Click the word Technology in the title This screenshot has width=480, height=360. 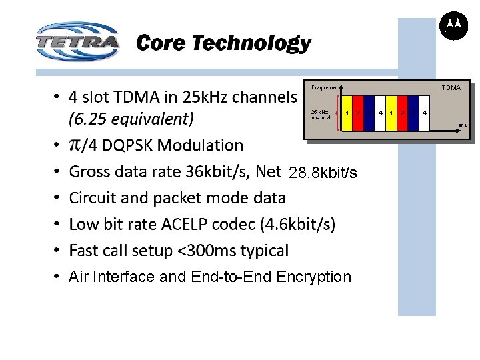[x=252, y=43]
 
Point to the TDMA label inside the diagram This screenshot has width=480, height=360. [x=451, y=87]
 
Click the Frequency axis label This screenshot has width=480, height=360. [x=324, y=87]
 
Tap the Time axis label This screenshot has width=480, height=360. [x=461, y=125]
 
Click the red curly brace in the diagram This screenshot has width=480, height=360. [x=337, y=114]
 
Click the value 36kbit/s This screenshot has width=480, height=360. [x=216, y=172]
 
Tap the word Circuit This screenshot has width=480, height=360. [x=94, y=198]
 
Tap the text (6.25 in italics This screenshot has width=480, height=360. [x=90, y=119]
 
